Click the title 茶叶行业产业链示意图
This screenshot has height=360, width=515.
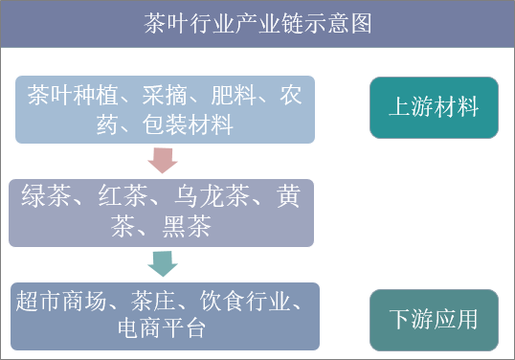tap(257, 22)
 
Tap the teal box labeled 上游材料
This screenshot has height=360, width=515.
tap(434, 106)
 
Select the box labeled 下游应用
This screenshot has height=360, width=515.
tap(434, 320)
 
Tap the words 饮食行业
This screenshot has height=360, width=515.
tap(241, 300)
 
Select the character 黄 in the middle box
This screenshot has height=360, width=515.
tap(288, 197)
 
